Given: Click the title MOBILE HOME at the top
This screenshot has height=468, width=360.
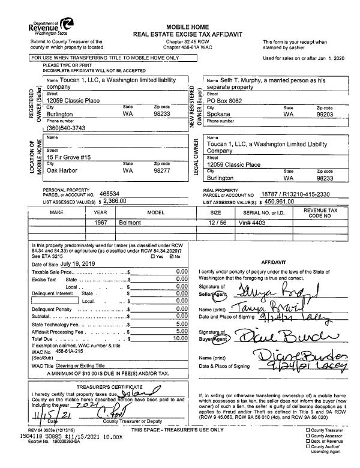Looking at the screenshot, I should pos(187,28).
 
